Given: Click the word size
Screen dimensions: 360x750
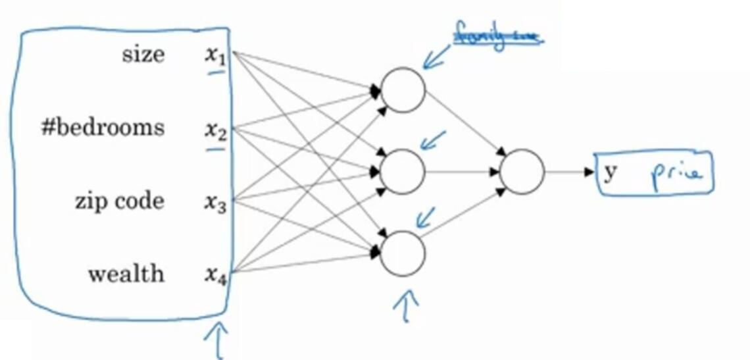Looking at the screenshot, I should click(x=143, y=55).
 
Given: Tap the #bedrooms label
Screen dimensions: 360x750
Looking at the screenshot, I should click(x=103, y=127).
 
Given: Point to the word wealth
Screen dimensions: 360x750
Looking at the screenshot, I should click(x=126, y=273).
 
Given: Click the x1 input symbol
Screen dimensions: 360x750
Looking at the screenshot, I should click(x=214, y=57).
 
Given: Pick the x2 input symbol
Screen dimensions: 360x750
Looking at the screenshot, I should click(x=214, y=131).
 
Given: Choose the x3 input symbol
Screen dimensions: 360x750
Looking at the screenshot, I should click(x=214, y=204).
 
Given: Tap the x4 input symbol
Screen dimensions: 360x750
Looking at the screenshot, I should click(x=214, y=276).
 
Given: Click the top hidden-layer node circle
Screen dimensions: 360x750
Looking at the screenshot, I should click(x=403, y=90).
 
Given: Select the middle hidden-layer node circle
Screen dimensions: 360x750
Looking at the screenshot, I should click(x=403, y=172).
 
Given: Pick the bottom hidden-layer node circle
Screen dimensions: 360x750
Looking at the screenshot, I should click(x=403, y=253).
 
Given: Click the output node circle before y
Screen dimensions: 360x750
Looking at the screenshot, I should click(x=522, y=172).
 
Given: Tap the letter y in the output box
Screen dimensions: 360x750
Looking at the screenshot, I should click(x=611, y=172).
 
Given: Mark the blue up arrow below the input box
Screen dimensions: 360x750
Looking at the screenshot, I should click(x=218, y=341).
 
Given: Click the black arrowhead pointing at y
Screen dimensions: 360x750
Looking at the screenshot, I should click(x=589, y=172).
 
